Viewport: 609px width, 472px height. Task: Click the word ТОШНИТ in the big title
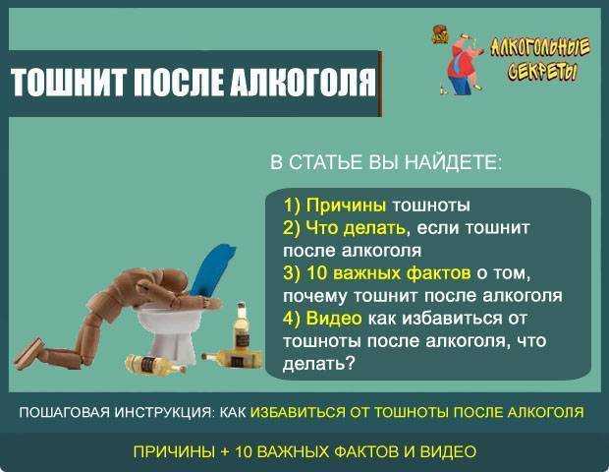point(69,83)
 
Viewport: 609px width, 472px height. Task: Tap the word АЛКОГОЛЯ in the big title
point(304,84)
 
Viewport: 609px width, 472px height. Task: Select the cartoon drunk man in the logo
point(463,63)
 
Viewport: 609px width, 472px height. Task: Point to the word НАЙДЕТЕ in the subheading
point(453,161)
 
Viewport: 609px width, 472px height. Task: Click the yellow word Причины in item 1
point(346,205)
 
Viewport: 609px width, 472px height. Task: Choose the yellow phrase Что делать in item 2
point(356,227)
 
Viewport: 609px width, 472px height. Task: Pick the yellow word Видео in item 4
point(334,318)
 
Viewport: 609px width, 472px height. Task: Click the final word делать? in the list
point(319,363)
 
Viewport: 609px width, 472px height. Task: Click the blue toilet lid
point(213,269)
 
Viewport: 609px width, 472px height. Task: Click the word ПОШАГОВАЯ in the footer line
point(65,412)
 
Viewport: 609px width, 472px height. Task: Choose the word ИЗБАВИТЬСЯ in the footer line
point(298,412)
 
